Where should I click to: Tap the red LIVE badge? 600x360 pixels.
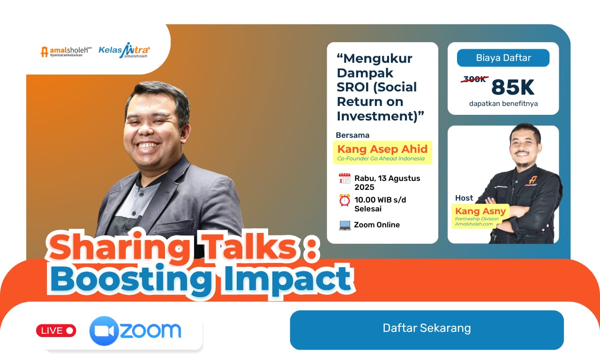56,330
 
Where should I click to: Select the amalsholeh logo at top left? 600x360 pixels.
66,52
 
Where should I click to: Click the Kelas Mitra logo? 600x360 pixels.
124,51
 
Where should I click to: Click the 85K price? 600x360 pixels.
513,87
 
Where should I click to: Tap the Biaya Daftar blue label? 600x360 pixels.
503,58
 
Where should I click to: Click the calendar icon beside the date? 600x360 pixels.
345,179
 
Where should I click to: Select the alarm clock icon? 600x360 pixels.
345,200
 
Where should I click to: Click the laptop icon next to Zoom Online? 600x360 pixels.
345,225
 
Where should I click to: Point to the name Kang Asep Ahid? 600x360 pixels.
382,149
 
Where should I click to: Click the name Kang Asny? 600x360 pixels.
480,211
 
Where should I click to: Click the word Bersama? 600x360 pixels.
352,135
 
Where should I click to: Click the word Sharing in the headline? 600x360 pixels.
117,248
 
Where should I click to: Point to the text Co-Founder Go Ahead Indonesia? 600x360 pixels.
381,158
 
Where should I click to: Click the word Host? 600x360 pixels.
464,198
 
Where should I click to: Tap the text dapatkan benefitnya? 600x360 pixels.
503,104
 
